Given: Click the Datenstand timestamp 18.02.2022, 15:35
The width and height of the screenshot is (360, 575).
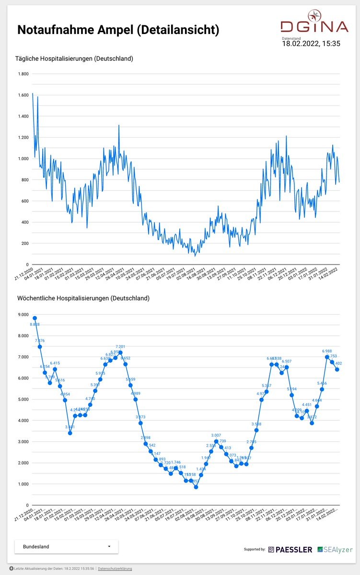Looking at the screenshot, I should (311, 44).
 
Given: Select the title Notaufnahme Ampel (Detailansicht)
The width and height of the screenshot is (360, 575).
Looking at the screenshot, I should (118, 30).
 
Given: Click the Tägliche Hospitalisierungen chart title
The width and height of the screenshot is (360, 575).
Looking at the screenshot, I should (75, 59).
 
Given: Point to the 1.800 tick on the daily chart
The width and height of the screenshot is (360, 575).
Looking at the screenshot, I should (23, 74).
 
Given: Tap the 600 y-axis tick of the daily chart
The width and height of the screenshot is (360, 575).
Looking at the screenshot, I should (24, 201).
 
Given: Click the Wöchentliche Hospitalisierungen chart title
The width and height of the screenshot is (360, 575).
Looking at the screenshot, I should (83, 298).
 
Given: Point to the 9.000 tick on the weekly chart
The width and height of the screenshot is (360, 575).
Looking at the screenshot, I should (23, 314).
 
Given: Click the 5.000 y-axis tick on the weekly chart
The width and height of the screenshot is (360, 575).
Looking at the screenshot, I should (23, 399).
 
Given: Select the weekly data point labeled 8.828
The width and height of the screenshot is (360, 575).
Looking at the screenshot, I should (35, 318).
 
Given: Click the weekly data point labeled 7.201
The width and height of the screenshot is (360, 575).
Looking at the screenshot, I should (120, 353).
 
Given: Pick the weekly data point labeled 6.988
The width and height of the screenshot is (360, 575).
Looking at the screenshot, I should (327, 357).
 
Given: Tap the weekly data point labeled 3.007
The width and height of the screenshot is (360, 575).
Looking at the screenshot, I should (216, 441).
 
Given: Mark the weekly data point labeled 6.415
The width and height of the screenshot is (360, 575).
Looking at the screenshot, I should (55, 369).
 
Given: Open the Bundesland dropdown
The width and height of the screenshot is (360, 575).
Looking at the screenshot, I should (67, 546).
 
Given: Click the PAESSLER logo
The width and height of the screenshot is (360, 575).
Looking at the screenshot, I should (290, 550).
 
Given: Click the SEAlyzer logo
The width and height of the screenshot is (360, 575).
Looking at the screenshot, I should (335, 550).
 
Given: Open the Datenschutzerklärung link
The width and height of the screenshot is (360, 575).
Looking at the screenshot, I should (115, 568).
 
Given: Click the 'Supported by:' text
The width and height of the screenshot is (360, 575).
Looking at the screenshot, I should (255, 550).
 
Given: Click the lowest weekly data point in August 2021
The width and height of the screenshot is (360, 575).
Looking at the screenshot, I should (196, 487).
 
